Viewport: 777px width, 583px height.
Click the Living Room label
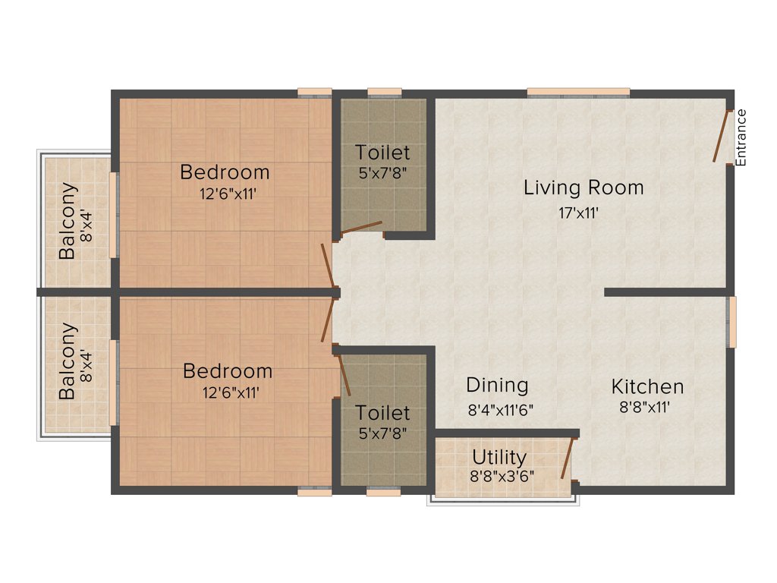pyautogui.click(x=583, y=188)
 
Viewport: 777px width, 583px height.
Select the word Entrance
pyautogui.click(x=741, y=137)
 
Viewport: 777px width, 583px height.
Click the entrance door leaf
pyautogui.click(x=721, y=136)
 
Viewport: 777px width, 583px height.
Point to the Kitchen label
pyautogui.click(x=647, y=386)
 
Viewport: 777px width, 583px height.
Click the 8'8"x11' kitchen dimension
pyautogui.click(x=644, y=407)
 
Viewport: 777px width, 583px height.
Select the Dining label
pyautogui.click(x=497, y=385)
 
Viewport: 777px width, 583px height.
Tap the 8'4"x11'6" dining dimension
pyautogui.click(x=501, y=410)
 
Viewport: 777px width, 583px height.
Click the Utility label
pyautogui.click(x=499, y=458)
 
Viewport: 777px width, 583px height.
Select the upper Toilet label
pyautogui.click(x=382, y=153)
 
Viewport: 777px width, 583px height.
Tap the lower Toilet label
pyautogui.click(x=382, y=413)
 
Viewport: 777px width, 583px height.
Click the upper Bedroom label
pyautogui.click(x=225, y=172)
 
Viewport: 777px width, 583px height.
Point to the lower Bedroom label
pyautogui.click(x=228, y=372)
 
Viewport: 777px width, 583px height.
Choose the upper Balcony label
pyautogui.click(x=68, y=221)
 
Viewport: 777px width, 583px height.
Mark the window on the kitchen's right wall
pyautogui.click(x=732, y=322)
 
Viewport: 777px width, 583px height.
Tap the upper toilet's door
pyautogui.click(x=361, y=227)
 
